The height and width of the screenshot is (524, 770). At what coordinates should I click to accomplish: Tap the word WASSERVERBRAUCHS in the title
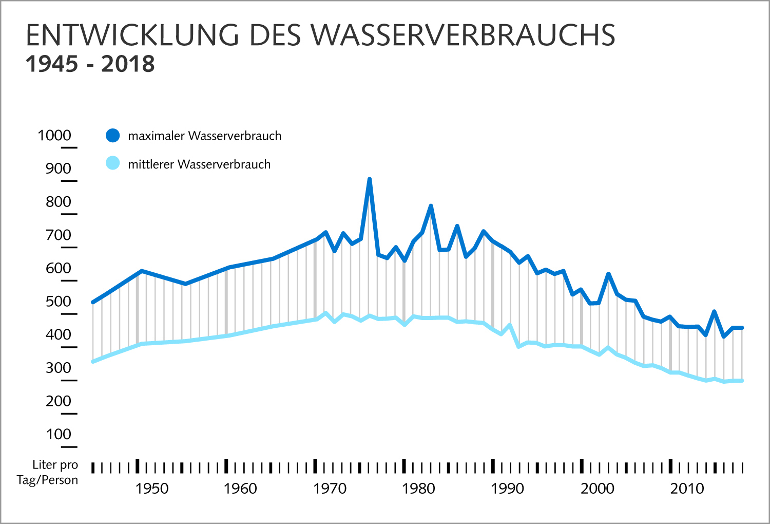click(464, 35)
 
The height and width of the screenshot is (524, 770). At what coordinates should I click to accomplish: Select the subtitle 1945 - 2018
click(90, 64)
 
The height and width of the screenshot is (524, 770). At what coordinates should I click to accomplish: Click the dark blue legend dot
click(112, 136)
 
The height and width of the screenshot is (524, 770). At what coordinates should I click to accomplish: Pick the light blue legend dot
click(112, 163)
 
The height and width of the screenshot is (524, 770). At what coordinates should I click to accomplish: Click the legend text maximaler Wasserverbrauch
click(204, 136)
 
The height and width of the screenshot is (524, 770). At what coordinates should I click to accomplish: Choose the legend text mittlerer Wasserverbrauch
click(199, 164)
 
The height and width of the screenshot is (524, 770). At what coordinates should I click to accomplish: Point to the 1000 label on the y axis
click(54, 136)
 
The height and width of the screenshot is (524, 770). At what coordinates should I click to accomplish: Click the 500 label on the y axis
click(58, 302)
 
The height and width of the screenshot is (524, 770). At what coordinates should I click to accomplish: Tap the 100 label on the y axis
click(58, 435)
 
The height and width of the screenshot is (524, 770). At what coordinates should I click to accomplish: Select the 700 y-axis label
click(58, 235)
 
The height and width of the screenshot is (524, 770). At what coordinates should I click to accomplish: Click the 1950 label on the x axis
click(151, 489)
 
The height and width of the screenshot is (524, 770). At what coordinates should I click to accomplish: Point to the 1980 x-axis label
click(418, 489)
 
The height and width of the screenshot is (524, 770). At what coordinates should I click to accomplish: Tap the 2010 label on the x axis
click(687, 489)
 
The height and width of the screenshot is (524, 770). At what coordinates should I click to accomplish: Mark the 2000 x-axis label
click(598, 489)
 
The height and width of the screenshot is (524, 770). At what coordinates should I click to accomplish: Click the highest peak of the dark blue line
click(369, 180)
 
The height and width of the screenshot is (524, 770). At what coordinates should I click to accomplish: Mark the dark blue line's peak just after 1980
click(431, 207)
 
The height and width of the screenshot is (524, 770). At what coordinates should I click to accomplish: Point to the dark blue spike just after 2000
click(608, 274)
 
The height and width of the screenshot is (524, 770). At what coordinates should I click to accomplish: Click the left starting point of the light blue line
click(93, 362)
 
